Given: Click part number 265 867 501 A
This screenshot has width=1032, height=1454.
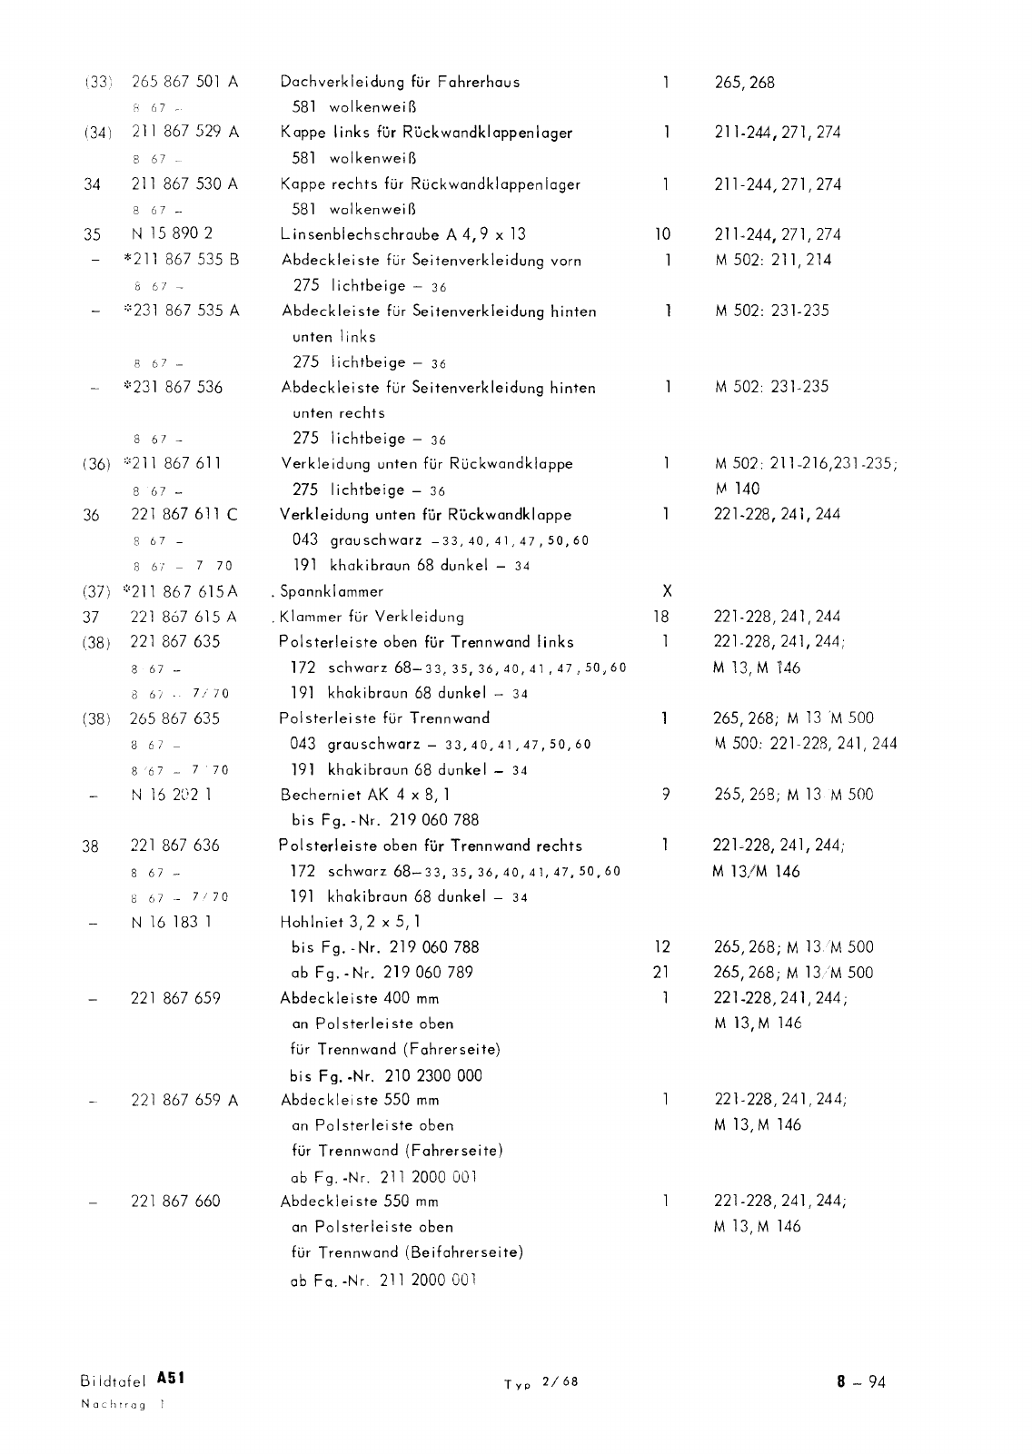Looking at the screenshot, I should [185, 82].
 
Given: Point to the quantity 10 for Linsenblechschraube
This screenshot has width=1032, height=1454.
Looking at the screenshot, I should [662, 234].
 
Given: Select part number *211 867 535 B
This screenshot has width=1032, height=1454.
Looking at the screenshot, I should [182, 260].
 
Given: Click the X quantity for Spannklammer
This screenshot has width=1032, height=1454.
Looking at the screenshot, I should [667, 591].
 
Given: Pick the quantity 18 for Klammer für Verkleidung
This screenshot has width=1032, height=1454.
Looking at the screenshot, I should [661, 617].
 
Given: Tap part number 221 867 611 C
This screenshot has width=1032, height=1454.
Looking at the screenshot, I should [185, 514].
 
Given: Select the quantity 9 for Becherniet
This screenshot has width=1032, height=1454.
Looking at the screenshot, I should [667, 795].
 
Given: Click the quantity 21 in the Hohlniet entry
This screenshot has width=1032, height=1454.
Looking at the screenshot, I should [661, 973].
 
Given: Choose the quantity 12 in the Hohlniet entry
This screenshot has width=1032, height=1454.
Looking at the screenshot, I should [661, 947].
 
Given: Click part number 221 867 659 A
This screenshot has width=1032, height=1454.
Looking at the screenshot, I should [185, 1101].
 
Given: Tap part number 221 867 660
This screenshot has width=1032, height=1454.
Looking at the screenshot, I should [176, 1202].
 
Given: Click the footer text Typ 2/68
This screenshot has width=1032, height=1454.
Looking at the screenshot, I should [541, 1383].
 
